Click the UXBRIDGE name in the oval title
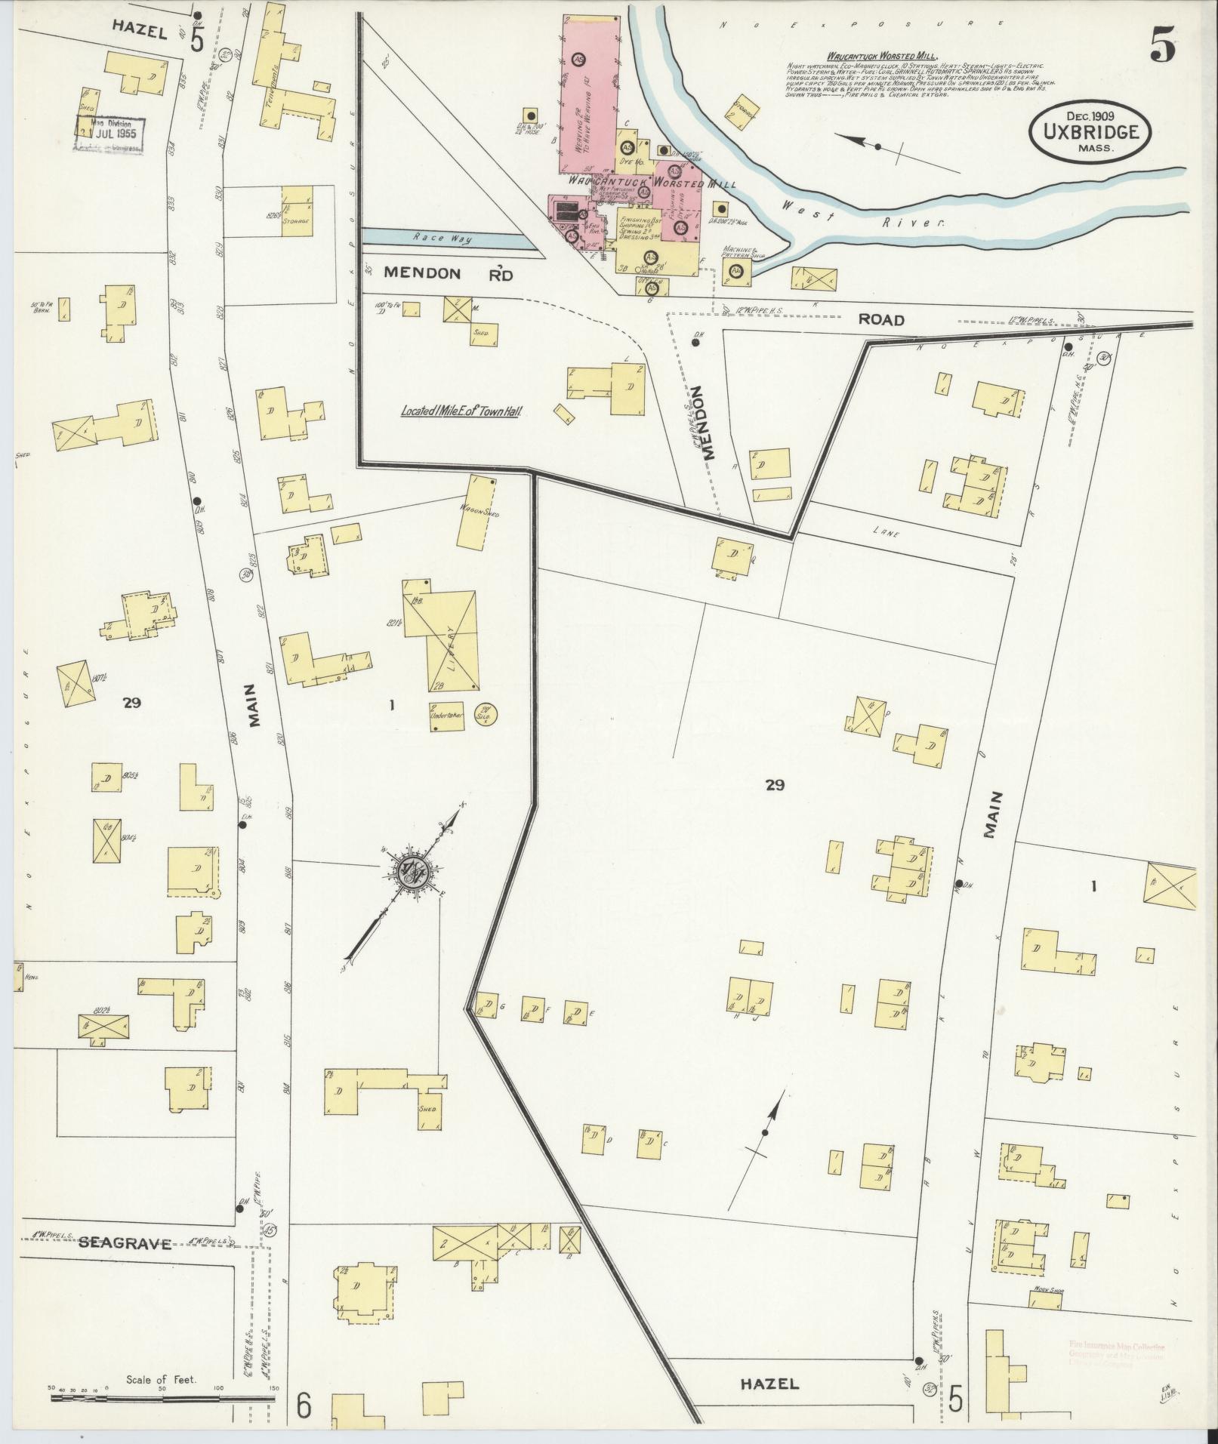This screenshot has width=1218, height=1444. [1090, 131]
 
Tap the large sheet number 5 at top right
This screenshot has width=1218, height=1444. [1163, 49]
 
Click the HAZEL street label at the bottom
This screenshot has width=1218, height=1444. [769, 1383]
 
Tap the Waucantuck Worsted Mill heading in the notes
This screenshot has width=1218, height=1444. [881, 55]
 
